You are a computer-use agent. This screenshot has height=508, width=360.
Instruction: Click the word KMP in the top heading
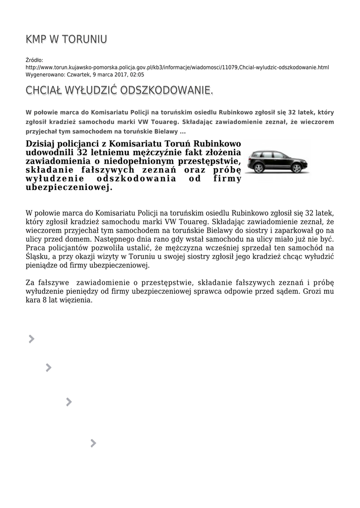pyautogui.click(x=36, y=39)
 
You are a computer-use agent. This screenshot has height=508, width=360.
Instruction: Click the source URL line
pyautogui.click(x=177, y=67)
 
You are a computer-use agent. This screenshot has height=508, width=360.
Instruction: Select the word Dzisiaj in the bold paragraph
pyautogui.click(x=43, y=144)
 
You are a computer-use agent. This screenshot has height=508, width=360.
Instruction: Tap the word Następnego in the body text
pyautogui.click(x=112, y=239)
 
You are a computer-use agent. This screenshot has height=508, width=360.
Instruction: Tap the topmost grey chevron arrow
pyautogui.click(x=31, y=339)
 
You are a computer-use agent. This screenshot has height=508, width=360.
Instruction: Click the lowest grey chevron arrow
pyautogui.click(x=93, y=443)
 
